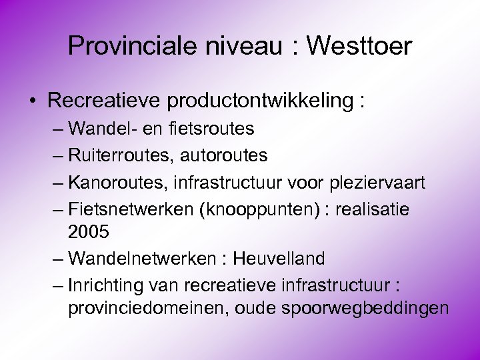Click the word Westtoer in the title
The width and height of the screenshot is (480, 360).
[x=360, y=46]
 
